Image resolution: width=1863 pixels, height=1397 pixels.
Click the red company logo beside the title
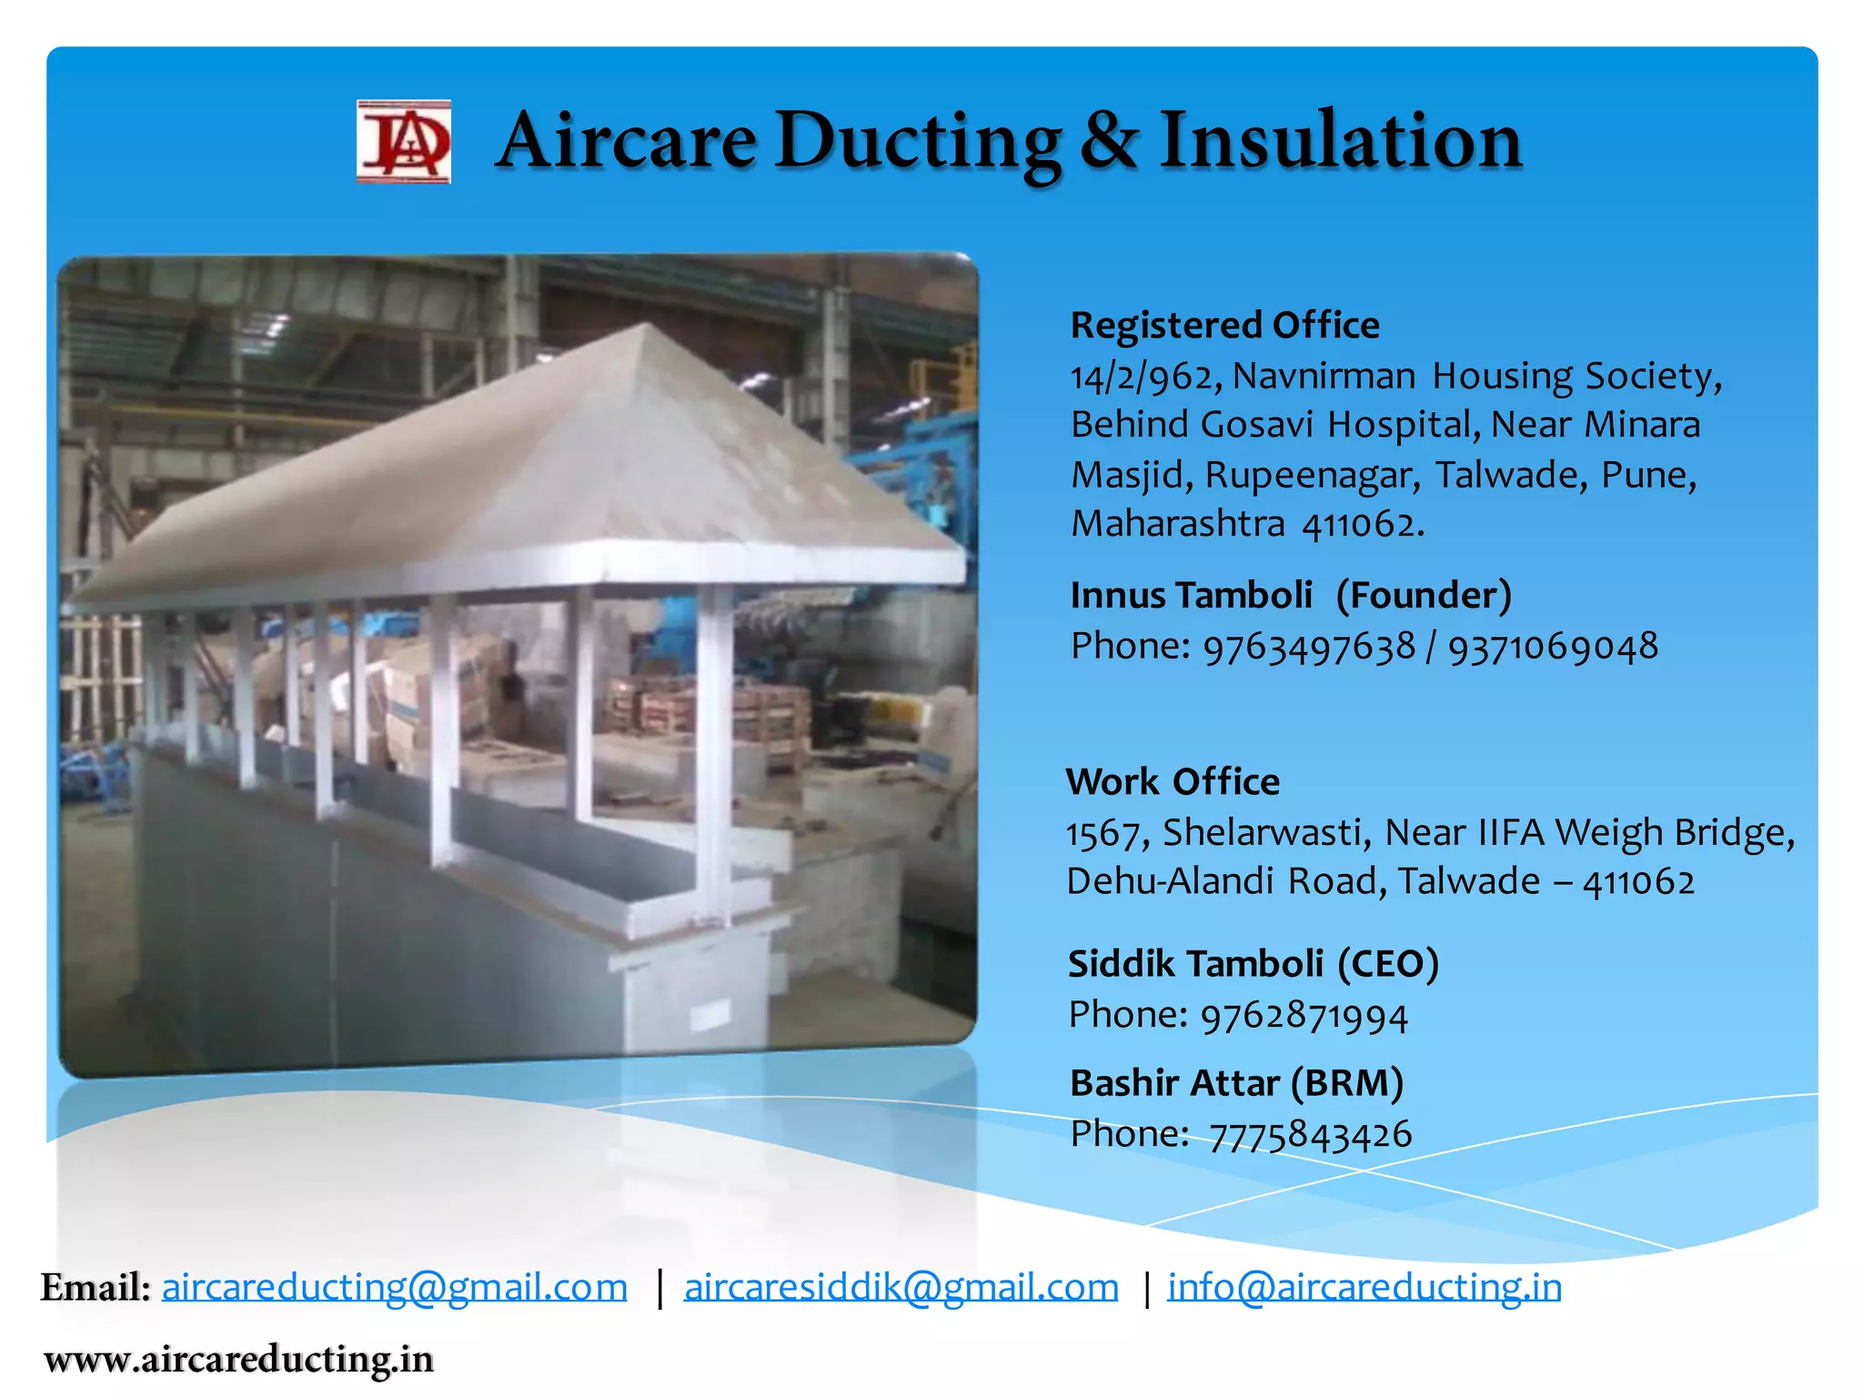pos(403,142)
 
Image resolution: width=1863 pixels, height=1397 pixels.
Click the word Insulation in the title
pos(1340,141)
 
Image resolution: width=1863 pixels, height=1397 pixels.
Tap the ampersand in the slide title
pos(1109,141)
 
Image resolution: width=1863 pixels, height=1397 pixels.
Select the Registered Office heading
pos(1224,326)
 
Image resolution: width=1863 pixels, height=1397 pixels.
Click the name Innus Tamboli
pos(1191,595)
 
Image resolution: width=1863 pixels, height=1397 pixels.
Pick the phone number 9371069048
pos(1553,647)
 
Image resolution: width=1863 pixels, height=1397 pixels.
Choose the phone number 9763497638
pos(1309,647)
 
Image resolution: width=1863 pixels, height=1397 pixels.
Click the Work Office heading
pos(1173,781)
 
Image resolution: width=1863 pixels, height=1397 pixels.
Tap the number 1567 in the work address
pos(1102,833)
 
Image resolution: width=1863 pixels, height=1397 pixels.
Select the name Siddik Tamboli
pos(1195,964)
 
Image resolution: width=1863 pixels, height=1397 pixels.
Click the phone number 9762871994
pos(1304,1016)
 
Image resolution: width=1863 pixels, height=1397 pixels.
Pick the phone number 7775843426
pos(1310,1135)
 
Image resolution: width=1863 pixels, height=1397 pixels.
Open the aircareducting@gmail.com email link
pos(394,1287)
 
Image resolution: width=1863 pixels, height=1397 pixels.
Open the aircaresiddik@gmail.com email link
pos(901,1287)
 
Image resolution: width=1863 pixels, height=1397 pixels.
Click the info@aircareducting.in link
pos(1365,1287)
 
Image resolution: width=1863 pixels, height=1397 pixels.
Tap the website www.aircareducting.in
pos(238,1360)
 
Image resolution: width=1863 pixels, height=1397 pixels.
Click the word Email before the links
pos(95,1287)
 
